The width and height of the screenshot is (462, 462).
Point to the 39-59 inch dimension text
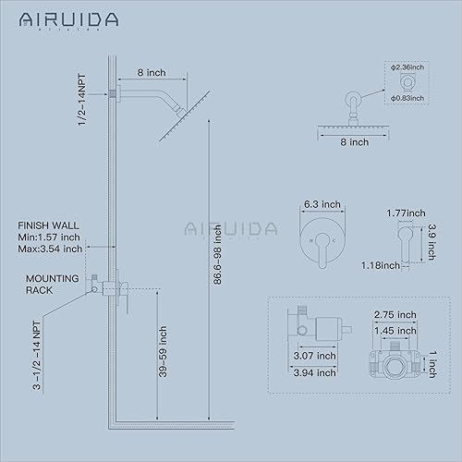pos(164,352)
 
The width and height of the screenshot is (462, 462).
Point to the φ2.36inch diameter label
pos(406,66)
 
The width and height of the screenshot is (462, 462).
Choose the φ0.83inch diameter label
pos(406,97)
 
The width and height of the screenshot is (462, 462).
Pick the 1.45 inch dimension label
pos(394,330)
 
